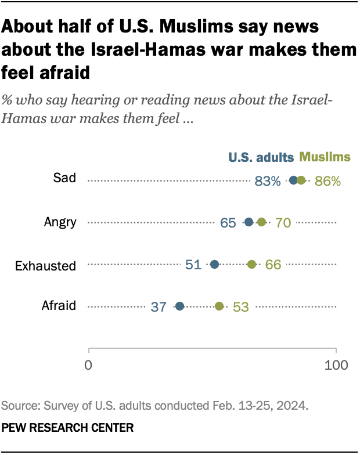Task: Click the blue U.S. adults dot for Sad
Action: (294, 180)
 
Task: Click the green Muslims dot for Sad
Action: (301, 180)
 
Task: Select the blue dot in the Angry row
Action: (249, 222)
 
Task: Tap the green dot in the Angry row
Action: (262, 222)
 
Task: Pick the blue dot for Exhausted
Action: (214, 265)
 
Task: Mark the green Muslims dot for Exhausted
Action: (251, 265)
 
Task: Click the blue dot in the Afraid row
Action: (179, 306)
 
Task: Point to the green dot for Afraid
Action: (219, 306)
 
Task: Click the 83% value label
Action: (268, 181)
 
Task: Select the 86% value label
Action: (327, 181)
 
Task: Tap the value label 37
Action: (159, 307)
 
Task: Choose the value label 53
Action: (240, 307)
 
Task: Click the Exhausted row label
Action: (45, 266)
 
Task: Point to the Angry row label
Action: (60, 222)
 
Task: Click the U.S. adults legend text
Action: (261, 157)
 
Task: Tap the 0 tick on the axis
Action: (88, 366)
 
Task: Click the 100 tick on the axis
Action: (336, 366)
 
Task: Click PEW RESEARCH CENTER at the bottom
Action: (68, 428)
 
